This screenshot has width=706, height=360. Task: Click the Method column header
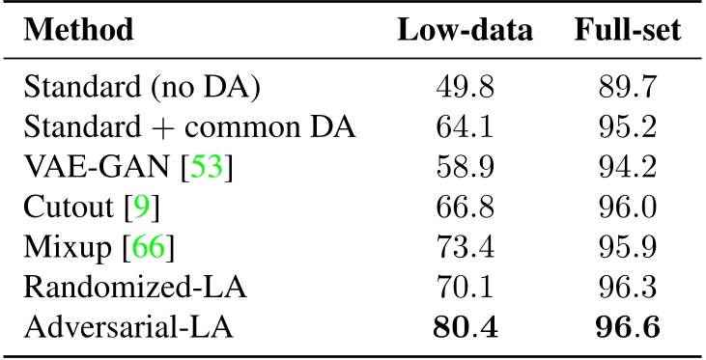point(78,30)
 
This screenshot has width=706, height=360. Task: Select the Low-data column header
point(466,30)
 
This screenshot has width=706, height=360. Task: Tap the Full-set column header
point(627,30)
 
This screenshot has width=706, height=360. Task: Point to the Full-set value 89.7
point(628,90)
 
